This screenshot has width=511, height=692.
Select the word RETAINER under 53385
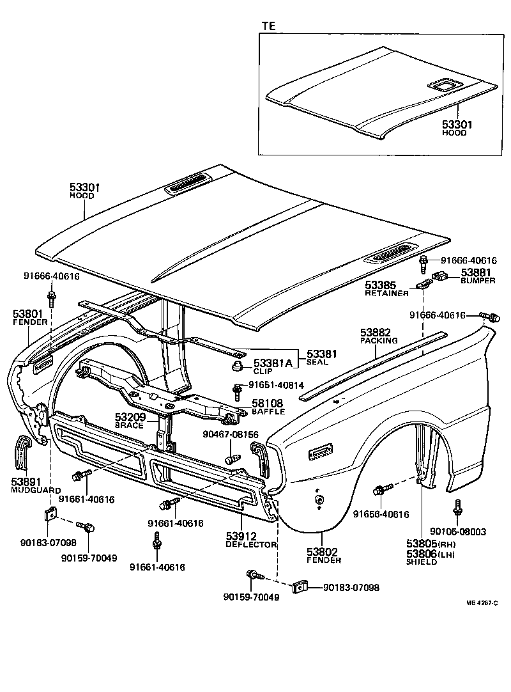(x=386, y=293)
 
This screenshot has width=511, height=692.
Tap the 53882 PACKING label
(x=379, y=336)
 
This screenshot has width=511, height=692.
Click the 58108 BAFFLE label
(x=268, y=407)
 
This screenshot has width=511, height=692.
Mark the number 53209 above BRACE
(x=130, y=417)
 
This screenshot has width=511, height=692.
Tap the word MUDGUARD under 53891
(x=31, y=489)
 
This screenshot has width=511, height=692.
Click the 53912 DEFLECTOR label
(x=251, y=540)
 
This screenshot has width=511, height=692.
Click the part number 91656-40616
(x=382, y=513)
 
